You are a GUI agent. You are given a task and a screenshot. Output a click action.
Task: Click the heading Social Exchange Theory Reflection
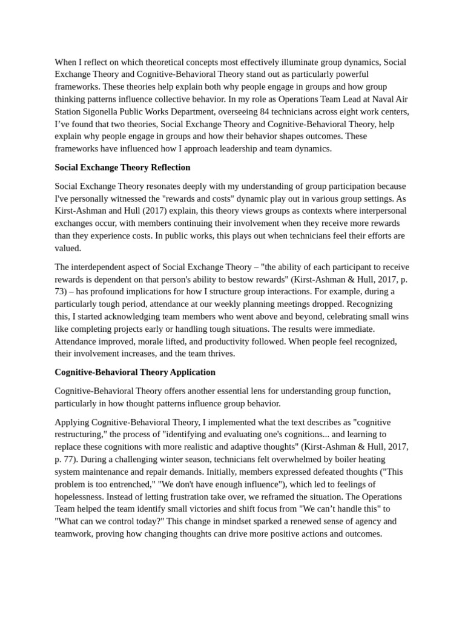122,167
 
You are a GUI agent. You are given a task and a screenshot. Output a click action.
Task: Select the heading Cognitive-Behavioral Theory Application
135,372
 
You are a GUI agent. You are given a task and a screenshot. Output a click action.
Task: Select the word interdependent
101,267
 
